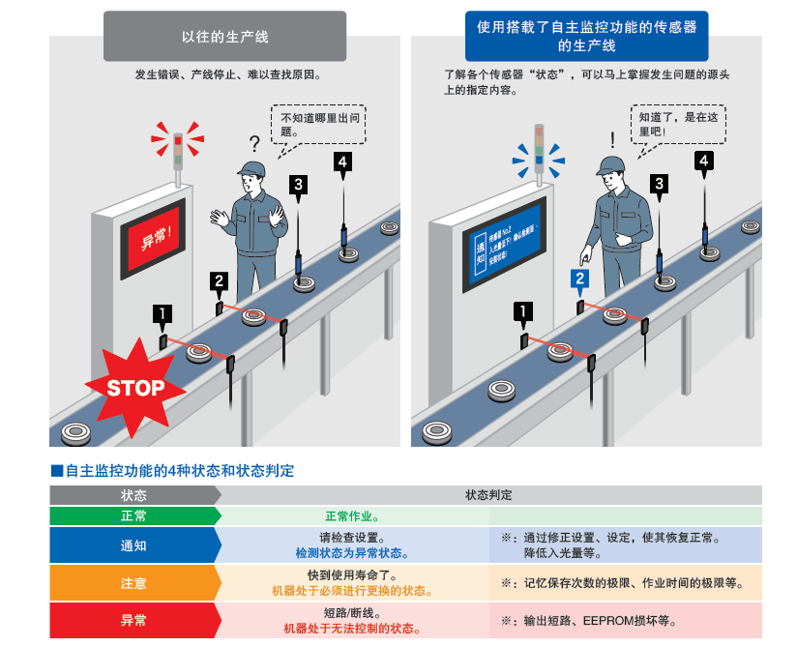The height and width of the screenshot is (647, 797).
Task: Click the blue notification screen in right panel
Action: (506, 247)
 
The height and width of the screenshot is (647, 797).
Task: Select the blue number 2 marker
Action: (579, 279)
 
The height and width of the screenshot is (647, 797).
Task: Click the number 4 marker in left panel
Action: (341, 162)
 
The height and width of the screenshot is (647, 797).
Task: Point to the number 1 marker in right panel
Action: (524, 311)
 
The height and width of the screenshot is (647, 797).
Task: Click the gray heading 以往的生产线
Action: (225, 37)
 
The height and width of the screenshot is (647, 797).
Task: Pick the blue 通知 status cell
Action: (134, 545)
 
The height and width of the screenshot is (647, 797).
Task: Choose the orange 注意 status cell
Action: (134, 583)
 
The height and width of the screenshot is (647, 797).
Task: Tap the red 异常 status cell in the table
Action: (134, 621)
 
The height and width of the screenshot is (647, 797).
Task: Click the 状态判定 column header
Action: (488, 494)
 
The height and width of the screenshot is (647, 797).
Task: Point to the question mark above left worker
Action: (254, 145)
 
